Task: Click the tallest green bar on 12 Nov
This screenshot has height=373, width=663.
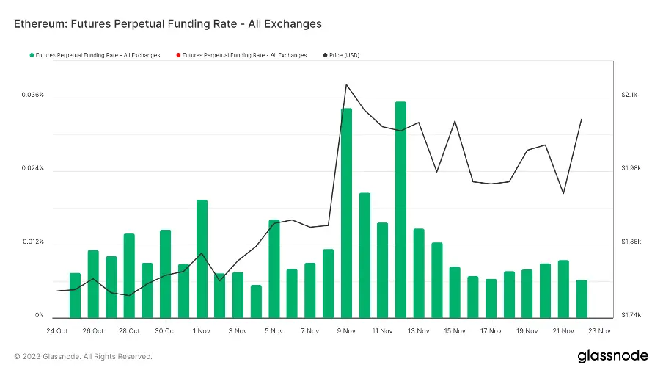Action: [400, 209]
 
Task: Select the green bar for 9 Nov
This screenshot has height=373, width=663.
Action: [346, 213]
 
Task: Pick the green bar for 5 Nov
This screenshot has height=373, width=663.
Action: [274, 268]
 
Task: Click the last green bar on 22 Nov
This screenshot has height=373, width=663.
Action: [582, 298]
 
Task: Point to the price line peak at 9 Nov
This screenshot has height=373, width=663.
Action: [346, 84]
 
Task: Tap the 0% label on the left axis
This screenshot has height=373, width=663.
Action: [40, 316]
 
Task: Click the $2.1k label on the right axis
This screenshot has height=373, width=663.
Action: [630, 95]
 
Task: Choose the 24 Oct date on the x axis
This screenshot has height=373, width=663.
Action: [56, 331]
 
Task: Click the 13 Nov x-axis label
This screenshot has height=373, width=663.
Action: [418, 331]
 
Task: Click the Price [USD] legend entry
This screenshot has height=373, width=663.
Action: [344, 55]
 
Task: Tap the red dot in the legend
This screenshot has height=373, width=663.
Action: [177, 55]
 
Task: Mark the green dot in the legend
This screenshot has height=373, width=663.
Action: [32, 55]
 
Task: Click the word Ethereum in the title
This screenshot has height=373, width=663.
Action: [41, 24]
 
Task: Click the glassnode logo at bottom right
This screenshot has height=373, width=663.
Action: [612, 356]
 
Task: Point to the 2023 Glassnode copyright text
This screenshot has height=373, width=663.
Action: [83, 357]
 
